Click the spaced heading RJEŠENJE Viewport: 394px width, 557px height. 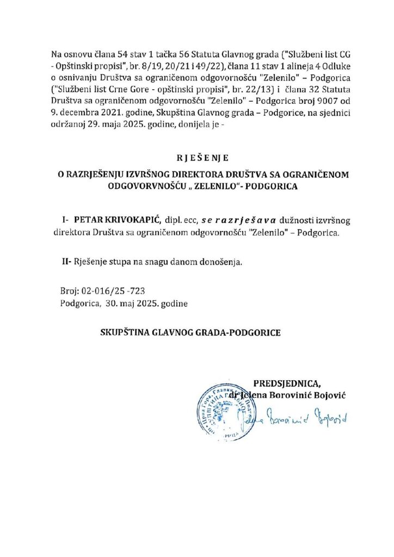(196, 158)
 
